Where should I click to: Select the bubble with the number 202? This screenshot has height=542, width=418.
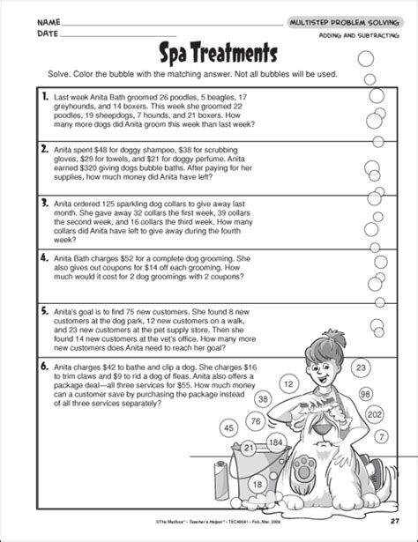[375, 412]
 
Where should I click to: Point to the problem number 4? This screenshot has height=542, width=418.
[44, 259]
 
